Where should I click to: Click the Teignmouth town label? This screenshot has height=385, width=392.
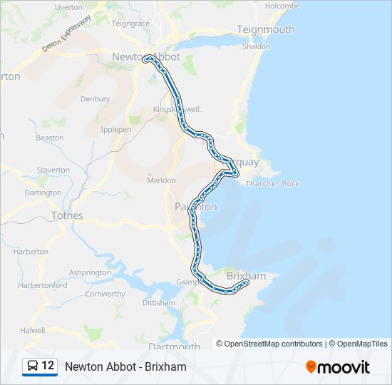(265, 29)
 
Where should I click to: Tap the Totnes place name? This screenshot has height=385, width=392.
(67, 215)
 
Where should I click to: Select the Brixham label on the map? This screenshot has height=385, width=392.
(246, 276)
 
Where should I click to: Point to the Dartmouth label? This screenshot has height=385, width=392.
(175, 346)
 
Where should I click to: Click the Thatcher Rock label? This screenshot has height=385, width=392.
(272, 184)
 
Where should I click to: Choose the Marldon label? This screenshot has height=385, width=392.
(161, 180)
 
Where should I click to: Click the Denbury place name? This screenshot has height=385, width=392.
(96, 99)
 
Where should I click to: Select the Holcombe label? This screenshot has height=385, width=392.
(282, 6)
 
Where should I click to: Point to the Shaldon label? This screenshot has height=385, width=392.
(257, 46)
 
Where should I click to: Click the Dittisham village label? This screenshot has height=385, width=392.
(158, 303)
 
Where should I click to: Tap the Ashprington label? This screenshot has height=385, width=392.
(91, 272)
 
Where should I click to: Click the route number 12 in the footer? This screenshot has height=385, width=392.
(48, 366)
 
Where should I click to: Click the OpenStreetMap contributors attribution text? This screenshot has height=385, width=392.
(269, 344)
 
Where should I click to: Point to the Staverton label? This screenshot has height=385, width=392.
(53, 170)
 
